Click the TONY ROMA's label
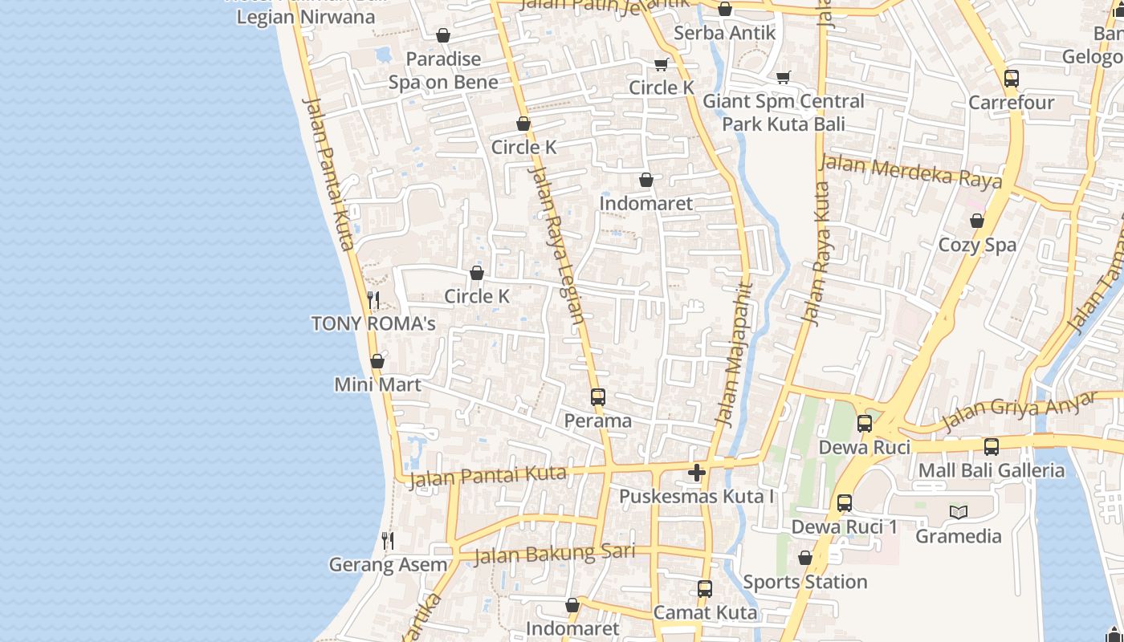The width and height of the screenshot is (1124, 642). point(373,323)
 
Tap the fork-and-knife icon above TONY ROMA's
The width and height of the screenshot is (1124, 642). point(373,300)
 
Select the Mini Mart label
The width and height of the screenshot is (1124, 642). point(377,384)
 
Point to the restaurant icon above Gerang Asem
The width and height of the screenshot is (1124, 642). point(388,541)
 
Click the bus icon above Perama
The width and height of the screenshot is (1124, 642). point(597,396)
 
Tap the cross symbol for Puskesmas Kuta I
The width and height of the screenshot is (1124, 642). point(697,473)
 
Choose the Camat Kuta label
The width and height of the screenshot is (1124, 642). point(705,612)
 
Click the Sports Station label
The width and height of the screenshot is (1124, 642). point(804,582)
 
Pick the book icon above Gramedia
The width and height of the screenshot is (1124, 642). point(959,512)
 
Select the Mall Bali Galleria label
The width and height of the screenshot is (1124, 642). point(992,470)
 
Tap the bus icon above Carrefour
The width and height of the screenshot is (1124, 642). point(1012,79)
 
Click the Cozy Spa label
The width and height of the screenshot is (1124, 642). point(977,245)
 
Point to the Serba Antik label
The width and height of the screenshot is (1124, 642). point(724,33)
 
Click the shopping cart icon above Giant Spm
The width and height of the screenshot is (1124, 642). point(784,77)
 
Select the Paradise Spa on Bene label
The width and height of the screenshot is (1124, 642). point(443,70)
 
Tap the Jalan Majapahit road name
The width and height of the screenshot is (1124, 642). point(733,353)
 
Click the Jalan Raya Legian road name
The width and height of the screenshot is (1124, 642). point(556,241)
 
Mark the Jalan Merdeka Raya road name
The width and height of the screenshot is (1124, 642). point(910,171)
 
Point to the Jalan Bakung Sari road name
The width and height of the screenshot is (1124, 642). point(555,554)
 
